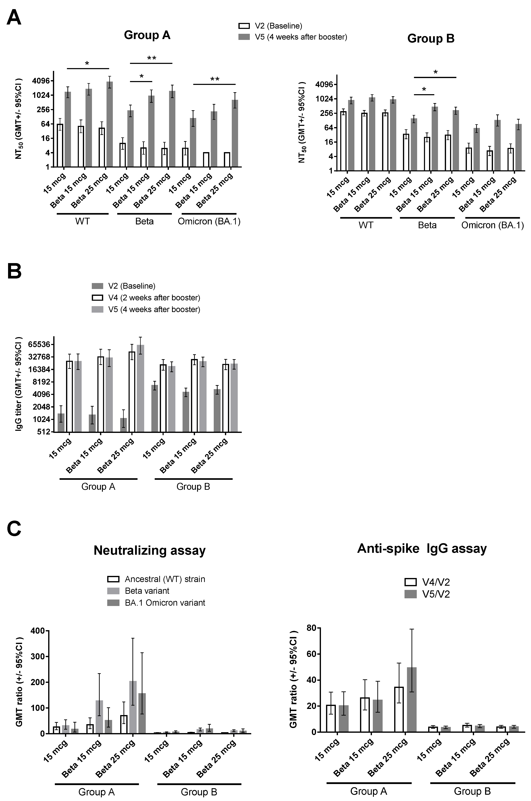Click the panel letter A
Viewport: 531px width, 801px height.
point(14,18)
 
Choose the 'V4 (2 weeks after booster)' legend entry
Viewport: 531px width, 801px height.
point(154,298)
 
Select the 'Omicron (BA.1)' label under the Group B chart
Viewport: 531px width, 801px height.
point(492,225)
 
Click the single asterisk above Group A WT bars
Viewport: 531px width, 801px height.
point(87,64)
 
